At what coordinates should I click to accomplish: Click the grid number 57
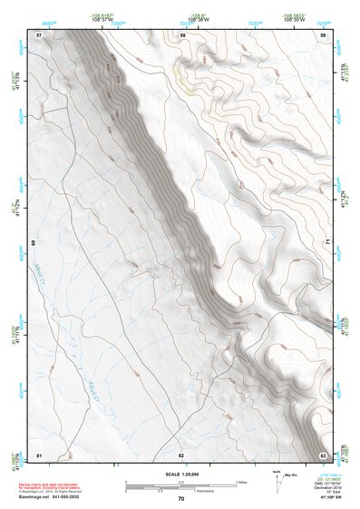tap(39, 34)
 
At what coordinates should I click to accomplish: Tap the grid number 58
tap(182, 34)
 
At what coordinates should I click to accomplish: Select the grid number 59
tap(323, 34)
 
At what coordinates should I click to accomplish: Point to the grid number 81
tap(39, 454)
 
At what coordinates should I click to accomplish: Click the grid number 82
tap(181, 454)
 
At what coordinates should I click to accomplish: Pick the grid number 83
tap(323, 454)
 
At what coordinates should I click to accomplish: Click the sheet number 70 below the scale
tap(181, 499)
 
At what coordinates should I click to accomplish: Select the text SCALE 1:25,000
tap(180, 475)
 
